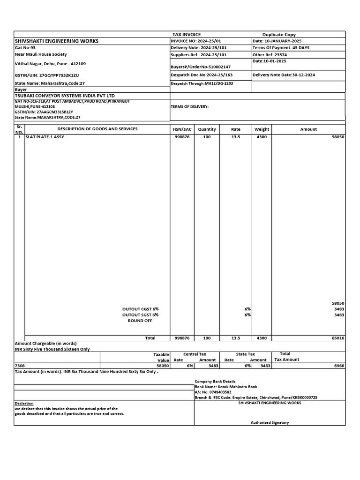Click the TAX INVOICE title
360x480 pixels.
click(x=187, y=35)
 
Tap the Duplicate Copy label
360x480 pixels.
click(x=279, y=35)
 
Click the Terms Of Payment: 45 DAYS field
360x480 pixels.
click(x=281, y=48)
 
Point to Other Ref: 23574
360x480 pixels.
click(x=270, y=55)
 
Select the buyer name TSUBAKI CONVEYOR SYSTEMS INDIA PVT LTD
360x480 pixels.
click(x=65, y=96)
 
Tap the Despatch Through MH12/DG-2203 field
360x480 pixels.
click(x=202, y=83)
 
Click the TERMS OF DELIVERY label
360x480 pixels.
click(x=190, y=106)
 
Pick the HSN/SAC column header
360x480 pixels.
click(x=182, y=129)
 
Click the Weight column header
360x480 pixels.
click(x=262, y=129)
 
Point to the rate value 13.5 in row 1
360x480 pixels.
click(x=236, y=137)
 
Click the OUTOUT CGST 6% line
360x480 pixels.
click(x=141, y=309)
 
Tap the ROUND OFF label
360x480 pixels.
click(x=140, y=321)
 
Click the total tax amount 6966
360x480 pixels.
click(x=338, y=366)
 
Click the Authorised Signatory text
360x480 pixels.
click(x=270, y=422)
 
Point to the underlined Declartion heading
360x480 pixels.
click(x=24, y=403)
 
